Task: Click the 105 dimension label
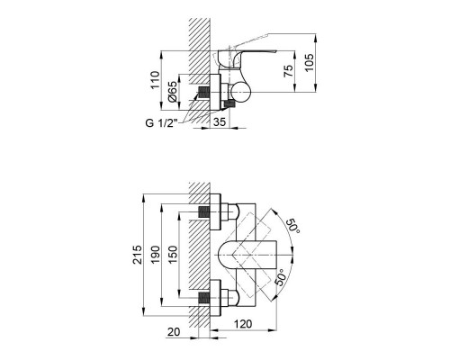[310, 62]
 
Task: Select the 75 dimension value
[288, 71]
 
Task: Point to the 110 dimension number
[155, 80]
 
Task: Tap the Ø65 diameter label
[173, 92]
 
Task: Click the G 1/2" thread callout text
[161, 123]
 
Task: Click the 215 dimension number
[137, 255]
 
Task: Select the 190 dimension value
[155, 255]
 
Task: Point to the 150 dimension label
[173, 255]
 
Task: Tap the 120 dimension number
[243, 324]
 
